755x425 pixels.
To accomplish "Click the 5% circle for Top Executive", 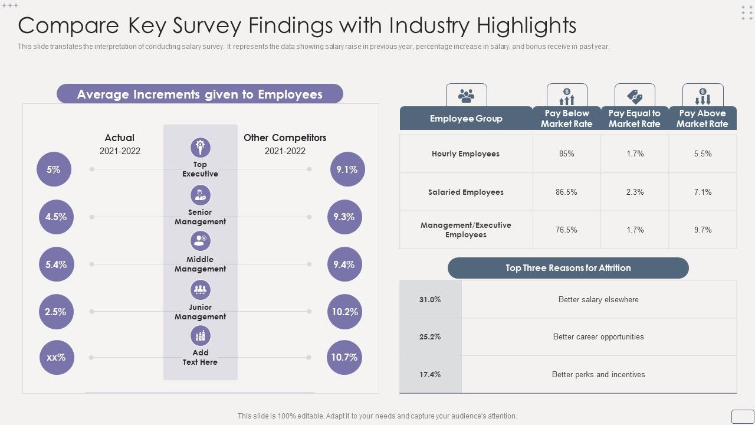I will click(54, 169).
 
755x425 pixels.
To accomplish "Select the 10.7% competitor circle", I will click(344, 358).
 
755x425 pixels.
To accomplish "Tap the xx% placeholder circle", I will click(57, 358).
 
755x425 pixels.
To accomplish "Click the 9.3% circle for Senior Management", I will click(344, 217).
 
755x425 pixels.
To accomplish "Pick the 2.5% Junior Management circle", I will click(56, 312).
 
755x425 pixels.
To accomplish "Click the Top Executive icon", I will click(201, 147).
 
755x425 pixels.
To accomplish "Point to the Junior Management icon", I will click(201, 289).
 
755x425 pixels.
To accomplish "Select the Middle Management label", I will click(201, 264).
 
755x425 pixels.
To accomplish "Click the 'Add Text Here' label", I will click(201, 358).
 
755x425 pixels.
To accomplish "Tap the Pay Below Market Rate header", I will click(566, 118).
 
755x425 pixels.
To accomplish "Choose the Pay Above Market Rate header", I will click(702, 118).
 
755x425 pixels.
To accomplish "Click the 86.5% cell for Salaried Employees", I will click(566, 192).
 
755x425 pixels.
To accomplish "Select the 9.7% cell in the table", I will click(703, 230).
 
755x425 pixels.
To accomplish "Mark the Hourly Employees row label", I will click(465, 154).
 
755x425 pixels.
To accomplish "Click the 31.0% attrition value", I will click(430, 299).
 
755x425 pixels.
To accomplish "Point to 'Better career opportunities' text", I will click(598, 337).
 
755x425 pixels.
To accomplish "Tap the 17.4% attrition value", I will click(430, 374).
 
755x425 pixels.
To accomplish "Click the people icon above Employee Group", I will click(466, 95).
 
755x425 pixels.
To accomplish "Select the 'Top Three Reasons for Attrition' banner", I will click(567, 268).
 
